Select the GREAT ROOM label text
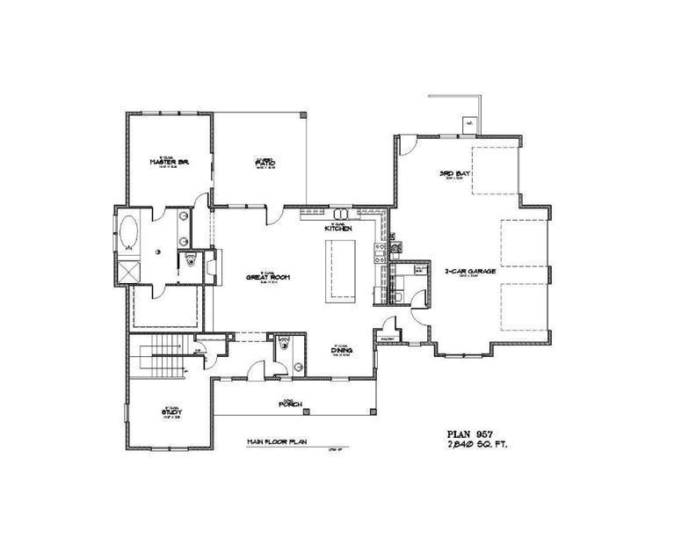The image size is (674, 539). coord(269,278)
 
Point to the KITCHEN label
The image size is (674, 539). coord(339,229)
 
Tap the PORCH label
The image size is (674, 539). coord(291,404)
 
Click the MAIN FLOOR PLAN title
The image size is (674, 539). coord(274,443)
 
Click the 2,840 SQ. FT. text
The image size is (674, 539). coord(478,446)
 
